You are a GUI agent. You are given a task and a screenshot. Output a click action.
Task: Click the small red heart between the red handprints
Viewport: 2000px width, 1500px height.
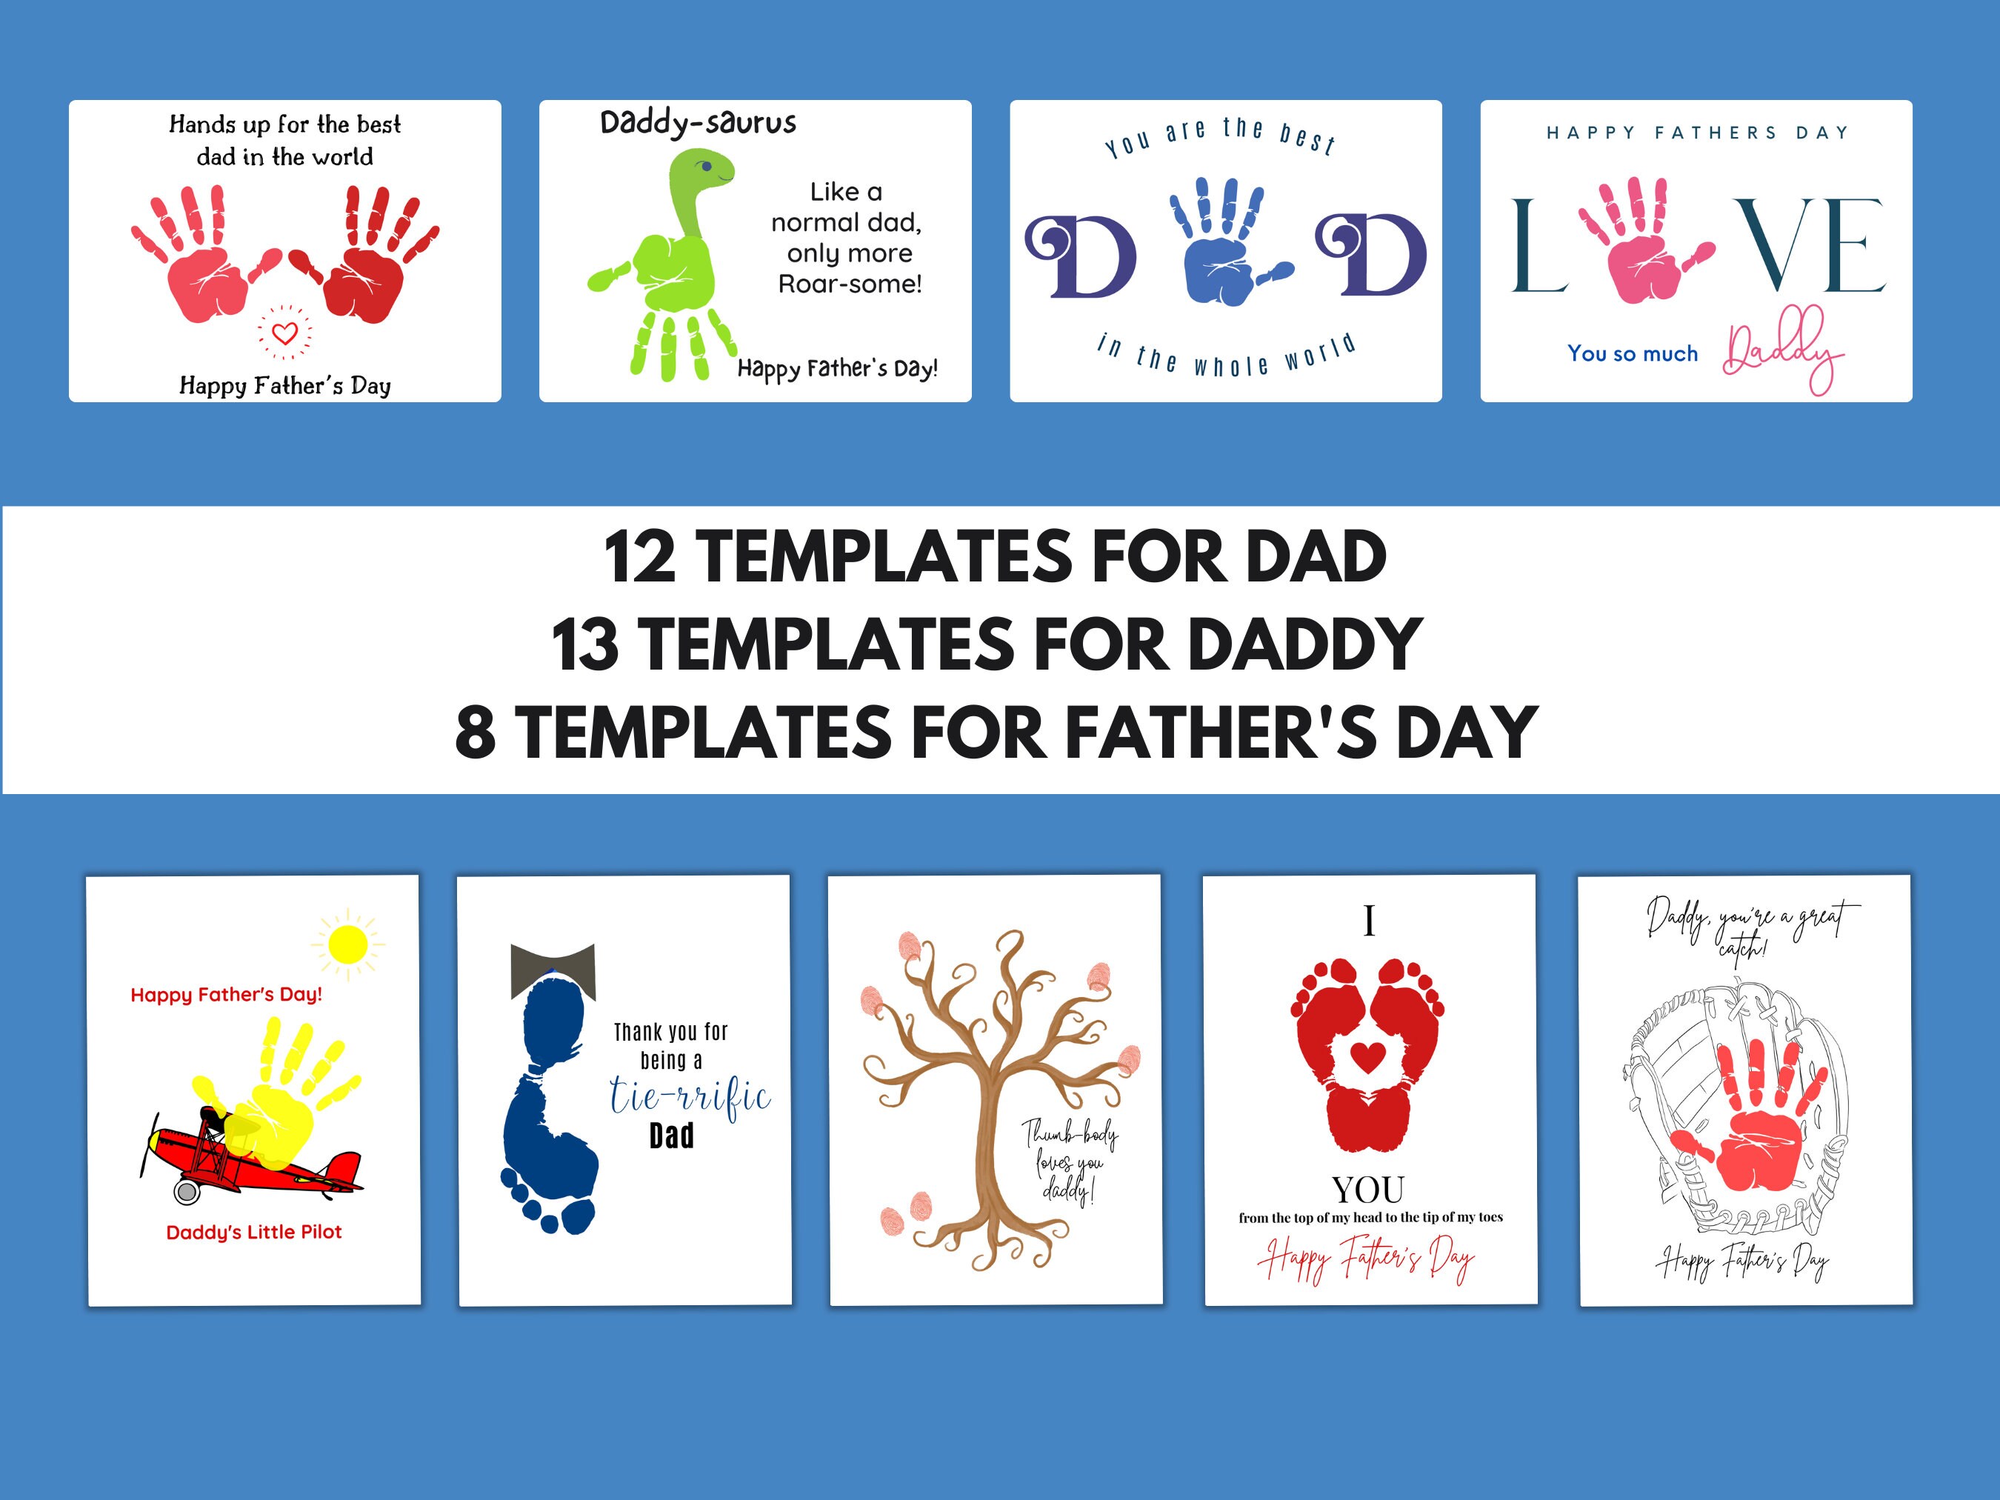(x=284, y=333)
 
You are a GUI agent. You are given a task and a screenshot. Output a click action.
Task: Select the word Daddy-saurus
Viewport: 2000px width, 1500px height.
(x=698, y=122)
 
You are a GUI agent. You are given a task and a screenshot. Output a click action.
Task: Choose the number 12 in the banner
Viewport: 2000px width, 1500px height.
(x=639, y=557)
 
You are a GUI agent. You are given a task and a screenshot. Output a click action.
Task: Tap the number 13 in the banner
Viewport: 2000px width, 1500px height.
(x=585, y=644)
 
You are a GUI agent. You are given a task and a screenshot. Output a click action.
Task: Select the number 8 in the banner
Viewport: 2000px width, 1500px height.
(x=475, y=733)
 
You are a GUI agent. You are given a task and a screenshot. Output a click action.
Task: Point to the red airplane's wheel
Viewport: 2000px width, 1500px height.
(x=186, y=1192)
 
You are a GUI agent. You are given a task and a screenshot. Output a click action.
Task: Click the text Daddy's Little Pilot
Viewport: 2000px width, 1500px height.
(x=254, y=1231)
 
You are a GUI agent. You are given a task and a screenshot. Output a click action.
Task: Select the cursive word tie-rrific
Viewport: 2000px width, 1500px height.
(x=689, y=1096)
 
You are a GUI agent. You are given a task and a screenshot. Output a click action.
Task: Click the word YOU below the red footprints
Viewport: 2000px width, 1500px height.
(x=1368, y=1190)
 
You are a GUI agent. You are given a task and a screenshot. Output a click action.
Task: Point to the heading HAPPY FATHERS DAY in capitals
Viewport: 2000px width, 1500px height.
(x=1696, y=133)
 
